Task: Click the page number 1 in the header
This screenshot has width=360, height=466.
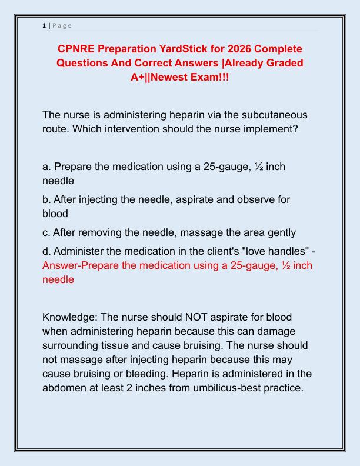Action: point(45,25)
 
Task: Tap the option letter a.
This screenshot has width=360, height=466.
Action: point(46,167)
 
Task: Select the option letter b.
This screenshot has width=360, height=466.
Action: point(46,200)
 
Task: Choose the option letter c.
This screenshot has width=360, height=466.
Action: point(46,233)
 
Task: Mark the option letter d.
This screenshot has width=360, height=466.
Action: point(46,251)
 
